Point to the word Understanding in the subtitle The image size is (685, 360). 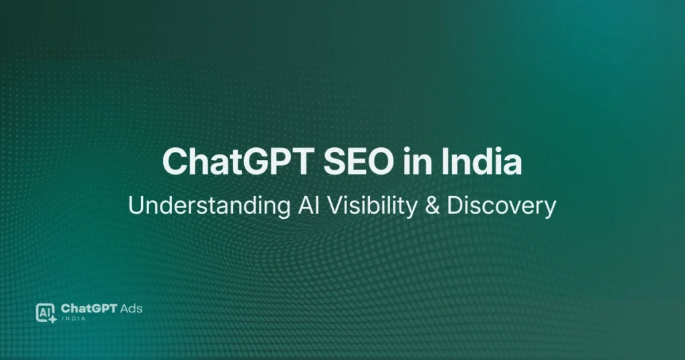click(203, 206)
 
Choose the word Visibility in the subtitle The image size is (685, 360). click(367, 206)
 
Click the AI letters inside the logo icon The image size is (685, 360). click(44, 311)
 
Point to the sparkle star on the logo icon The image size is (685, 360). click(52, 320)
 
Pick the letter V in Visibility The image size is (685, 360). click(324, 206)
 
